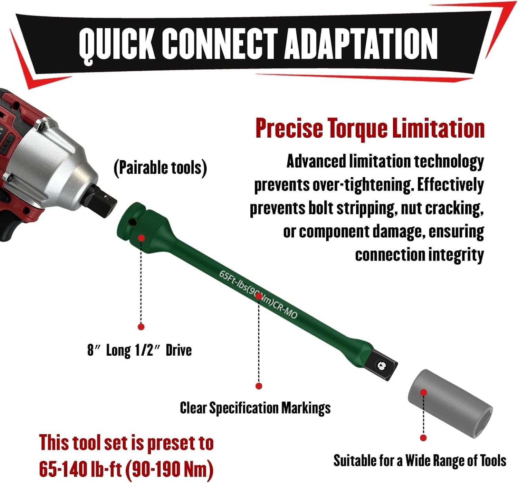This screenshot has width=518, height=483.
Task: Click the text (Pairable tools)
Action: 161,168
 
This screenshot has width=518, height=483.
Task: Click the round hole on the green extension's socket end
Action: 133,222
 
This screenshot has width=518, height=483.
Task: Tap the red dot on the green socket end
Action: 142,238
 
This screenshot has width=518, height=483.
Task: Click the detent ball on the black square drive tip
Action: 381,366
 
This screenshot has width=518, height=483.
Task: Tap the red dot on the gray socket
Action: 424,392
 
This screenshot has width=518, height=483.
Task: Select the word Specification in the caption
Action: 244,408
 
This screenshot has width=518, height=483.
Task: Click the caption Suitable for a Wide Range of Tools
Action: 420,461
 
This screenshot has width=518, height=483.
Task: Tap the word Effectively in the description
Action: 450,185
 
